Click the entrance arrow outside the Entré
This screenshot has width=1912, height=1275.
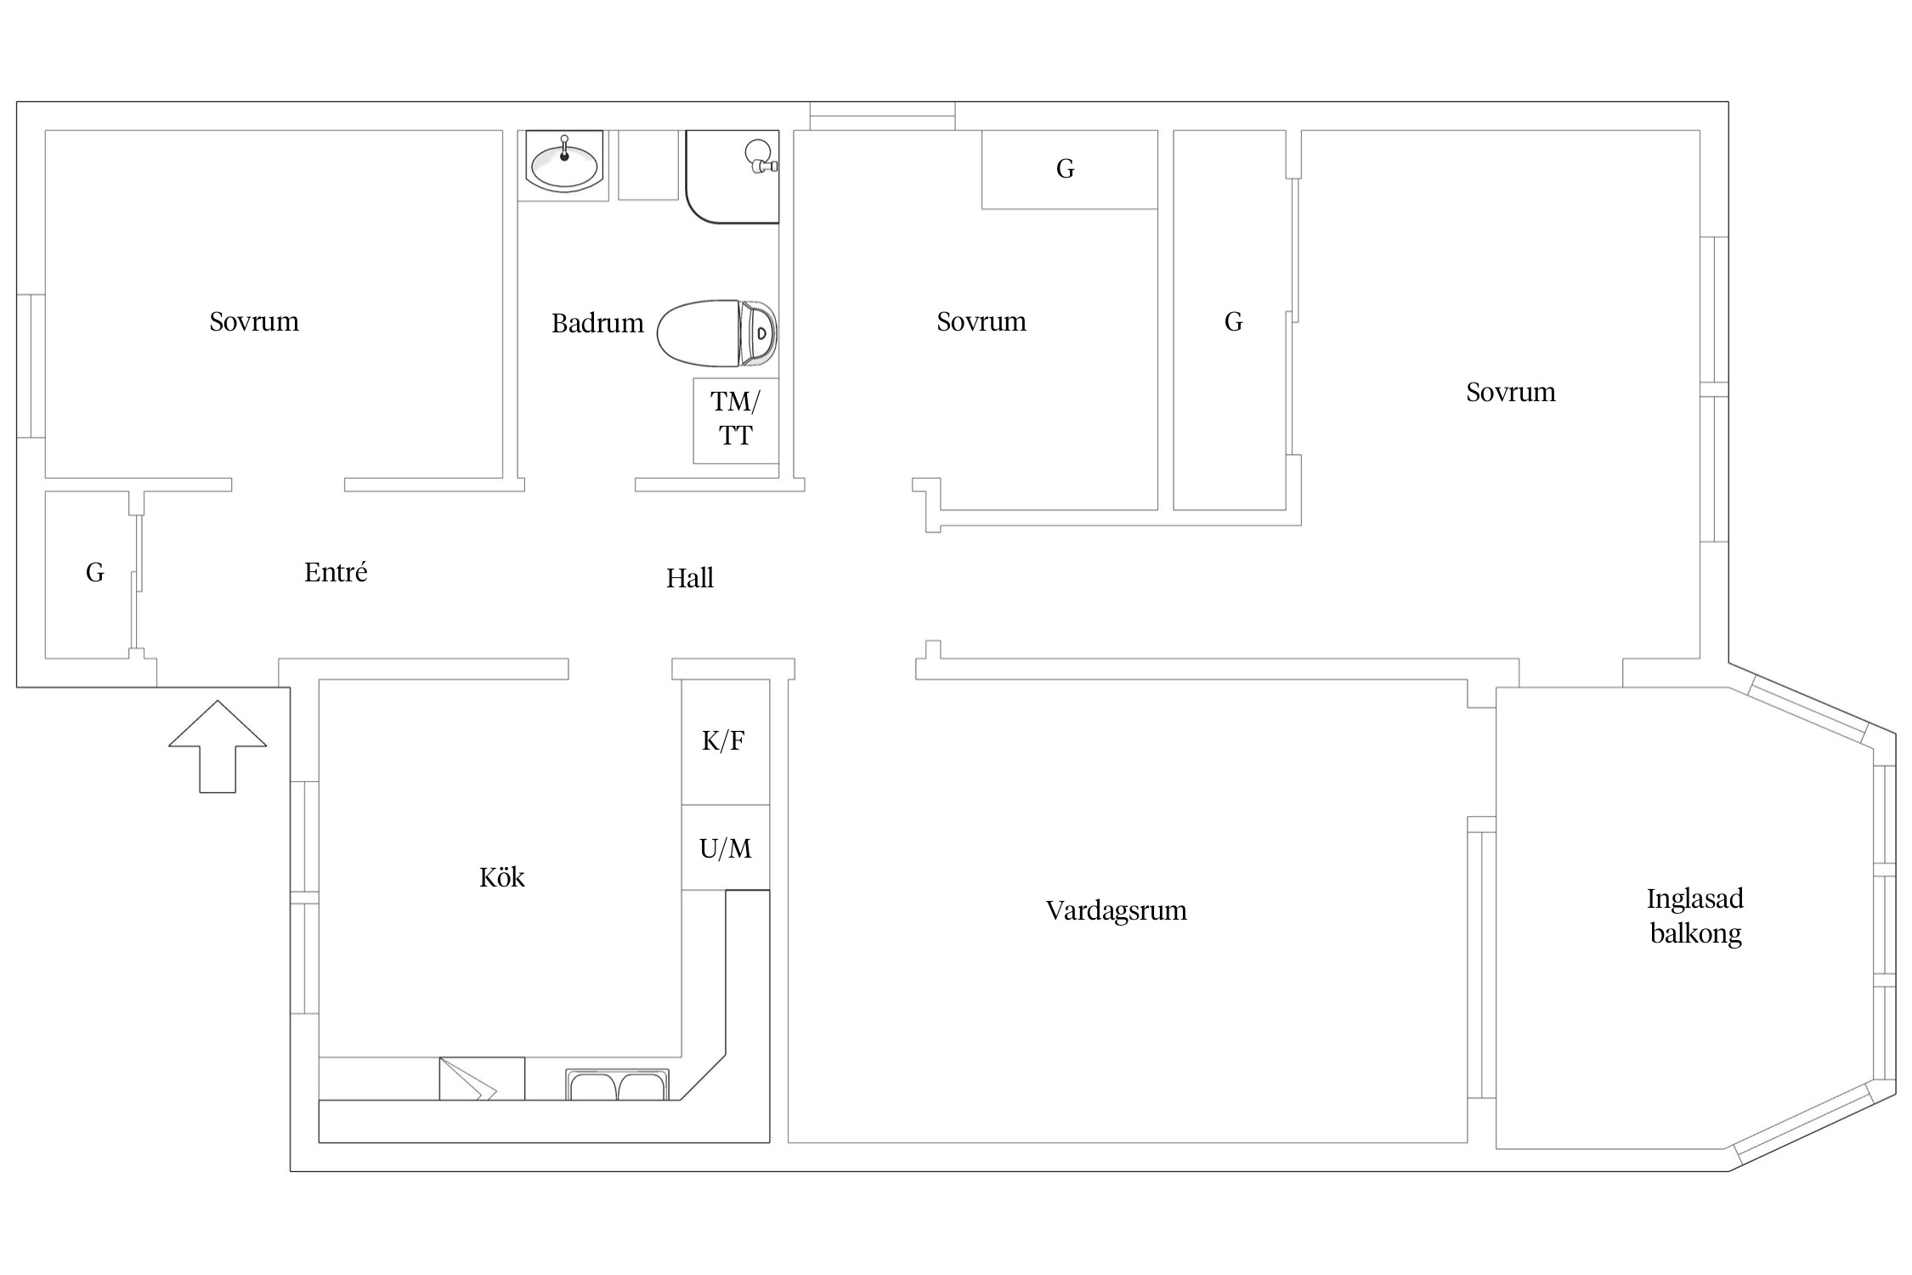click(218, 746)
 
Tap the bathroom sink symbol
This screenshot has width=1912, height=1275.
click(563, 161)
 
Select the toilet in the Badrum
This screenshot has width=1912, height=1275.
click(716, 333)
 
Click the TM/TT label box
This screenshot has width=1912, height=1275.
click(736, 421)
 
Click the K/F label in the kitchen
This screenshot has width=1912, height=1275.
click(723, 741)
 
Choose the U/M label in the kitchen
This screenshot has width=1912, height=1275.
click(725, 848)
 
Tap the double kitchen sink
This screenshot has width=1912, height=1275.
click(618, 1085)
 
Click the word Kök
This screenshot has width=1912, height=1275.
click(502, 876)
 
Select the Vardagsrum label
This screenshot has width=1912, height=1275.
click(1116, 910)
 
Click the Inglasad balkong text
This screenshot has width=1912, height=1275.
click(1695, 915)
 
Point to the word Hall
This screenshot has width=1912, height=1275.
click(689, 578)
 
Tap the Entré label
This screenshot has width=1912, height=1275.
click(336, 571)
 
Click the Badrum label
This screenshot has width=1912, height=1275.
click(597, 323)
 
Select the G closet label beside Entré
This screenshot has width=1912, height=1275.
click(94, 573)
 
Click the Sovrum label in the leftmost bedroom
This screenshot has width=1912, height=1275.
click(254, 321)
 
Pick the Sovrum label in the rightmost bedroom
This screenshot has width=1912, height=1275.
click(1511, 392)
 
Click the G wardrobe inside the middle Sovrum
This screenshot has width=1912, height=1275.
click(1070, 169)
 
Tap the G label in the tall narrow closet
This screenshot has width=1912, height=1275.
click(1233, 321)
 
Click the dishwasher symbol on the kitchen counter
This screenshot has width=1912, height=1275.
click(481, 1079)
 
